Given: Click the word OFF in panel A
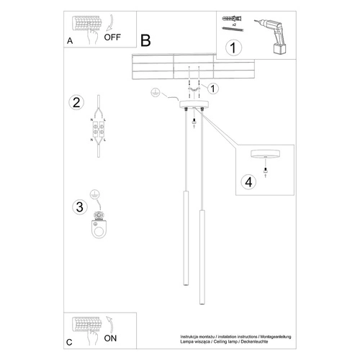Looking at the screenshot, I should [112, 38].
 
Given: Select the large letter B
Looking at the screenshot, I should [146, 41].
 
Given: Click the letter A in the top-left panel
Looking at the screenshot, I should [69, 41].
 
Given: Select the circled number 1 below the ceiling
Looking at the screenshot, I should [213, 88].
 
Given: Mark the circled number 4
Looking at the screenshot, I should [248, 181].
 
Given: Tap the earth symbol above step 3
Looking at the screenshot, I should [96, 194].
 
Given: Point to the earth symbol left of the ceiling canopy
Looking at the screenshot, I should [153, 93].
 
